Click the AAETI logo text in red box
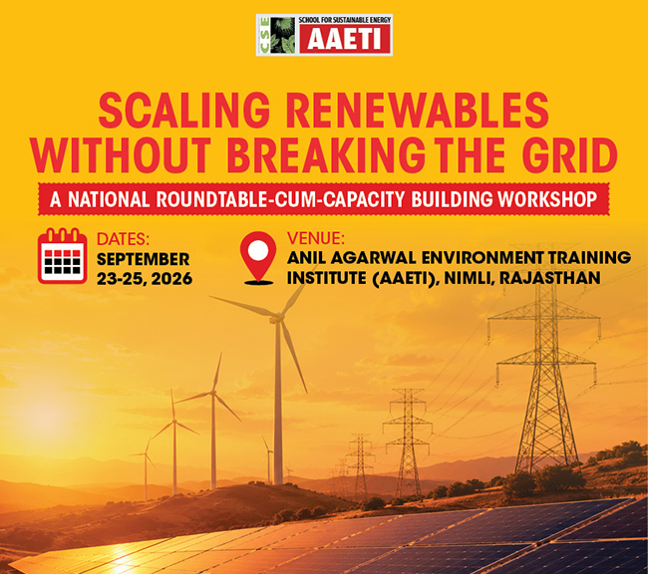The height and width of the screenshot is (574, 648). (x=344, y=40)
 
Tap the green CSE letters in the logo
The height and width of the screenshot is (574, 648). (x=264, y=35)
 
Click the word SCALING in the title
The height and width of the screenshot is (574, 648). (x=183, y=111)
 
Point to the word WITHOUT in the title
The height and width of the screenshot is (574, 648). (x=121, y=154)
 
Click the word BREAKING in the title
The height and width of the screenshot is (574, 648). (x=326, y=154)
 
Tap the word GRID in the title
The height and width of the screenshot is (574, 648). (x=570, y=154)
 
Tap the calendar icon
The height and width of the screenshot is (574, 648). (x=63, y=256)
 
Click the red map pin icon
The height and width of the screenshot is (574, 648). (x=258, y=258)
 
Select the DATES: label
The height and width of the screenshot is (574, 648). (x=123, y=239)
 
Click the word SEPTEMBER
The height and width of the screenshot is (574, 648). (x=143, y=259)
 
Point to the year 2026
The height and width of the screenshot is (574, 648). (x=171, y=279)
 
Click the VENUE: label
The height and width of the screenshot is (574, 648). (x=316, y=238)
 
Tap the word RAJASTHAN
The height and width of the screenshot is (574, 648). (x=549, y=278)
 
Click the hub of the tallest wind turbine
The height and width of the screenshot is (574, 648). (x=277, y=318)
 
